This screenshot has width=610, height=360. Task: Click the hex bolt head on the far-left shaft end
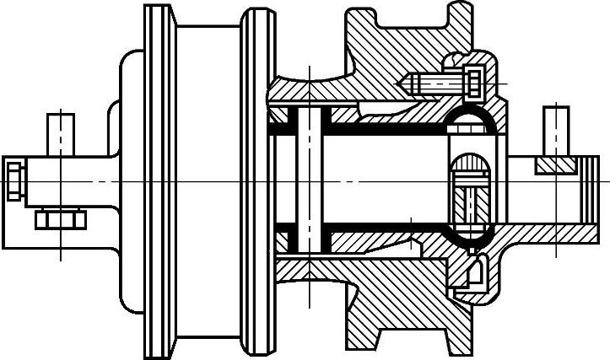click(13, 179)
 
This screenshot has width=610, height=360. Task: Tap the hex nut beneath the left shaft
click(61, 221)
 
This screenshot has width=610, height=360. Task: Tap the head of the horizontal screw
click(472, 83)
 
